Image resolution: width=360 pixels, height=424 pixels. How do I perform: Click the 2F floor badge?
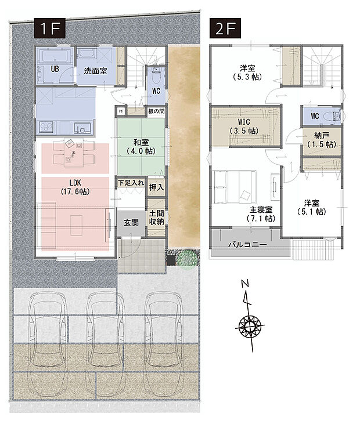click(225, 27)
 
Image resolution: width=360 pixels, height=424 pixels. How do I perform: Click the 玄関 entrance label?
click(131, 222)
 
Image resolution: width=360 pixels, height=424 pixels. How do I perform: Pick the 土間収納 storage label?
click(156, 216)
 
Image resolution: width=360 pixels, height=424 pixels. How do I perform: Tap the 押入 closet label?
click(156, 188)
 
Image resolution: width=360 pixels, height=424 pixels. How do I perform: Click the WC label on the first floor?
click(157, 91)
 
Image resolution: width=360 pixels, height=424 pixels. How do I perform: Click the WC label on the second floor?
click(315, 116)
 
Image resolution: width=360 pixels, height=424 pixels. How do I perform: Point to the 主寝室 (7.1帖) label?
click(262, 213)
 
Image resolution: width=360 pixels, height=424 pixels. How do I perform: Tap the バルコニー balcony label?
click(247, 245)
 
